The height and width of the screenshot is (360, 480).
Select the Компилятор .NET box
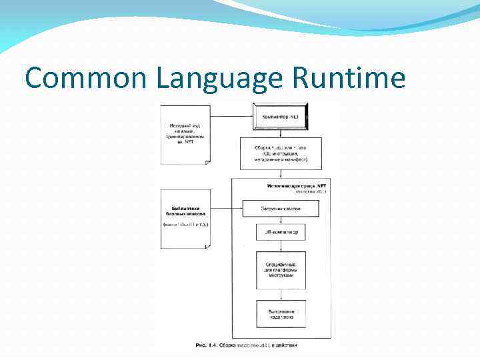tap(280, 117)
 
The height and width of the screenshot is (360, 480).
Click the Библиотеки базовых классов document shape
tap(185, 217)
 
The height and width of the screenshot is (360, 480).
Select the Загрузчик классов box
tap(281, 209)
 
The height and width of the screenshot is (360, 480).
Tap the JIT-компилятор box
tap(281, 233)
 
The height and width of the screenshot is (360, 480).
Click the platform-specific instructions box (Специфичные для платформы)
tap(281, 269)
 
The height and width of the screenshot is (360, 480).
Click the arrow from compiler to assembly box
tap(281, 133)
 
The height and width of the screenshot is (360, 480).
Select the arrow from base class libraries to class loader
tap(226, 209)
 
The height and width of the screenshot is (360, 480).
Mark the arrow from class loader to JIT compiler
tap(281, 221)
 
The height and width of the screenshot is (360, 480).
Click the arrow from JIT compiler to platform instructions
tap(281, 246)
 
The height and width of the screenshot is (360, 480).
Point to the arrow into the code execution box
tap(281, 295)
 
